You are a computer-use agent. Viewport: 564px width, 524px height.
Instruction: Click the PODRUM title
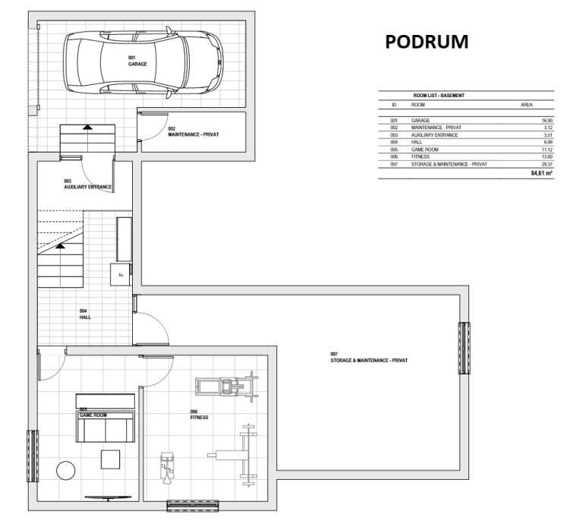coord(427,42)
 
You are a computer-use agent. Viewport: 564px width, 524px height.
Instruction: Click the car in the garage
coord(143,62)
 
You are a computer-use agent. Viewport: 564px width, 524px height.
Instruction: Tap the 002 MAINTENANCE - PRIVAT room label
coord(193,131)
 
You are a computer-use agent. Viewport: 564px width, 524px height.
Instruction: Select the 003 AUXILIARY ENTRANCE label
coord(88,185)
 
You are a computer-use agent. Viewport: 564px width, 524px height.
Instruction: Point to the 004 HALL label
coord(85,314)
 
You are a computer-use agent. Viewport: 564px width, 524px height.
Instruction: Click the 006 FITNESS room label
coord(199,415)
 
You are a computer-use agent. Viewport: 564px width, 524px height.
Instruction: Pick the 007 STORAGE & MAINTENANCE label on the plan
coord(369,358)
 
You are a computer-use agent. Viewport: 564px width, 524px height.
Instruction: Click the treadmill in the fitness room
coord(227,387)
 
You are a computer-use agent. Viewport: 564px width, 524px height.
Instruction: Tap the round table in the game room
coord(66,470)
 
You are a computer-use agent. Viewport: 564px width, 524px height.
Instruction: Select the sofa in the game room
coord(105,427)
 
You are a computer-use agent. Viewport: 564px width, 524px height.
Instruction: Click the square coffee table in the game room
coord(110,459)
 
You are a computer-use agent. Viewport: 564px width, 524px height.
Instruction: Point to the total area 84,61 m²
coord(542,173)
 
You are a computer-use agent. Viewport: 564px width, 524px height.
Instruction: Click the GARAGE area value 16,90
coord(547,121)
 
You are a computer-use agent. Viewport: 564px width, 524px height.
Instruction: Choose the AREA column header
coord(527,105)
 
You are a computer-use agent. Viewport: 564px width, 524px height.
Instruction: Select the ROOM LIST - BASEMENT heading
coord(439,96)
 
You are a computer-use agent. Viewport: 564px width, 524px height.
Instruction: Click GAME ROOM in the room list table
coord(425,150)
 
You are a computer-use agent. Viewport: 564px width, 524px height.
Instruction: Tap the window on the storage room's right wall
coord(464,348)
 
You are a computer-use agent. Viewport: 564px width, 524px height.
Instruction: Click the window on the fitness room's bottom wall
coord(193,506)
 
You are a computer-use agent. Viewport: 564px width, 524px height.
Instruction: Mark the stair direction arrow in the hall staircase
coord(60,246)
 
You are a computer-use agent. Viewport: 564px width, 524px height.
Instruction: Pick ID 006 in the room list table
coord(394,157)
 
